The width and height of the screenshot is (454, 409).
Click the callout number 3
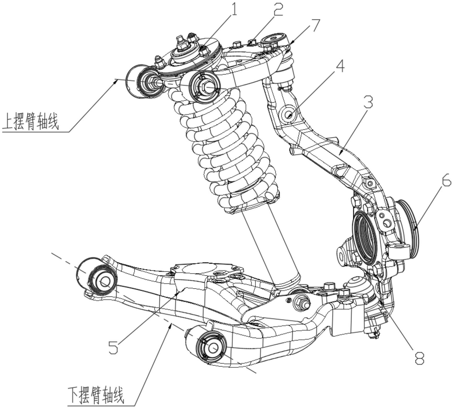(x=368, y=102)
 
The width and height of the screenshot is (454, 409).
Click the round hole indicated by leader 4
(x=288, y=115)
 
